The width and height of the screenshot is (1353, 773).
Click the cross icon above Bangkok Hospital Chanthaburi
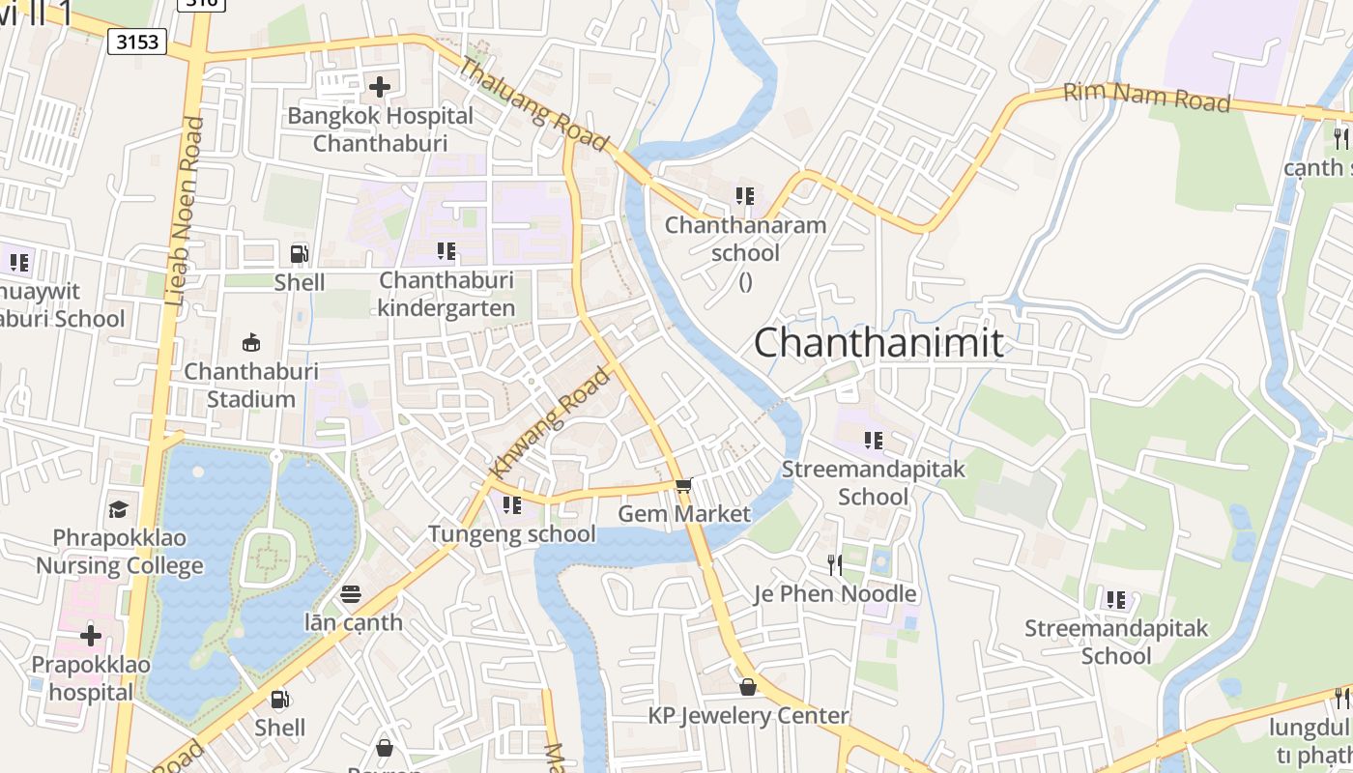click(380, 87)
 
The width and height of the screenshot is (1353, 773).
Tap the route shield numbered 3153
click(137, 42)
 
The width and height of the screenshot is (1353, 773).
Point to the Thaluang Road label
click(533, 104)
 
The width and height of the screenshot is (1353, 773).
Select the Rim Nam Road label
click(1146, 97)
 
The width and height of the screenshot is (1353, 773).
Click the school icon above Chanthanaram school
click(744, 196)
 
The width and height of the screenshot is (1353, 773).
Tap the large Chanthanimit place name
click(878, 343)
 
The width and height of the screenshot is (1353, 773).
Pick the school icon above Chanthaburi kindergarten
click(446, 251)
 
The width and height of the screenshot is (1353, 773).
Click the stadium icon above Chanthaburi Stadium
click(251, 342)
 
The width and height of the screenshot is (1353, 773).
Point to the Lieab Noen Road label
click(185, 212)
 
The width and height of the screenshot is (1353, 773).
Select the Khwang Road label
click(551, 421)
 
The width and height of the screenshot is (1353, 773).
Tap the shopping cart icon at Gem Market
click(683, 485)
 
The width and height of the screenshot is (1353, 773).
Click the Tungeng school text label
click(512, 533)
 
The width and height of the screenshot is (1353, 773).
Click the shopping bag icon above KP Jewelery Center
click(747, 687)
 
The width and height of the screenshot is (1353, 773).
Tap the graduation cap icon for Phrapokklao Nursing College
click(118, 509)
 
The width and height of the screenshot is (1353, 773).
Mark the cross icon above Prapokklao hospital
click(91, 636)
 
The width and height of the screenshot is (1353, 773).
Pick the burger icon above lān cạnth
click(351, 593)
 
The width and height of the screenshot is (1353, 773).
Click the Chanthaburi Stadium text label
click(251, 386)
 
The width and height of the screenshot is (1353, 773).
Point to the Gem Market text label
click(684, 513)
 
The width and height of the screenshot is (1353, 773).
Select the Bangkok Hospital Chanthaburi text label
click(381, 129)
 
